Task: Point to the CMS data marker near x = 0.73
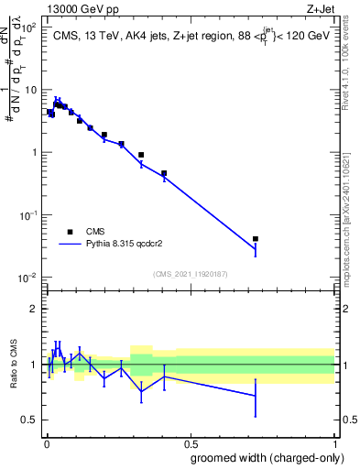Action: pos(256,239)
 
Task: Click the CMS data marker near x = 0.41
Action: pos(164,173)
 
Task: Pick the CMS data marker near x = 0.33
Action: pos(141,155)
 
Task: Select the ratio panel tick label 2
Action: pos(34,309)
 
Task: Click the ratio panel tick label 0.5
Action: pos(29,420)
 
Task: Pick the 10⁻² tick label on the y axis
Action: pos(28,278)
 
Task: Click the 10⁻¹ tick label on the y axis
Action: pos(28,215)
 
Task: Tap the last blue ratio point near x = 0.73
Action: pos(256,396)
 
